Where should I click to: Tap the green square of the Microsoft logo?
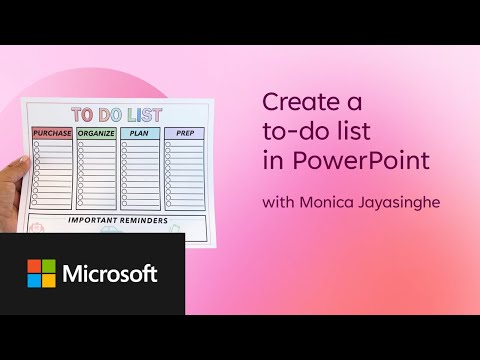[49, 266]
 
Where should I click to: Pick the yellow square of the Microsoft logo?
[49, 281]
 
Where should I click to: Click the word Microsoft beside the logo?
[111, 274]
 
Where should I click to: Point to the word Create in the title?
[297, 101]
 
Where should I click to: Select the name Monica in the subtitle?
[330, 203]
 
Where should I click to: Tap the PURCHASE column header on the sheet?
[52, 133]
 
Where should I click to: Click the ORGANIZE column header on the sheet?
[97, 133]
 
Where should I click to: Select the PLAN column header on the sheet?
[140, 133]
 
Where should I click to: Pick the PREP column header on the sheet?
[184, 133]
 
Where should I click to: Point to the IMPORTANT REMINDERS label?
[117, 219]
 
